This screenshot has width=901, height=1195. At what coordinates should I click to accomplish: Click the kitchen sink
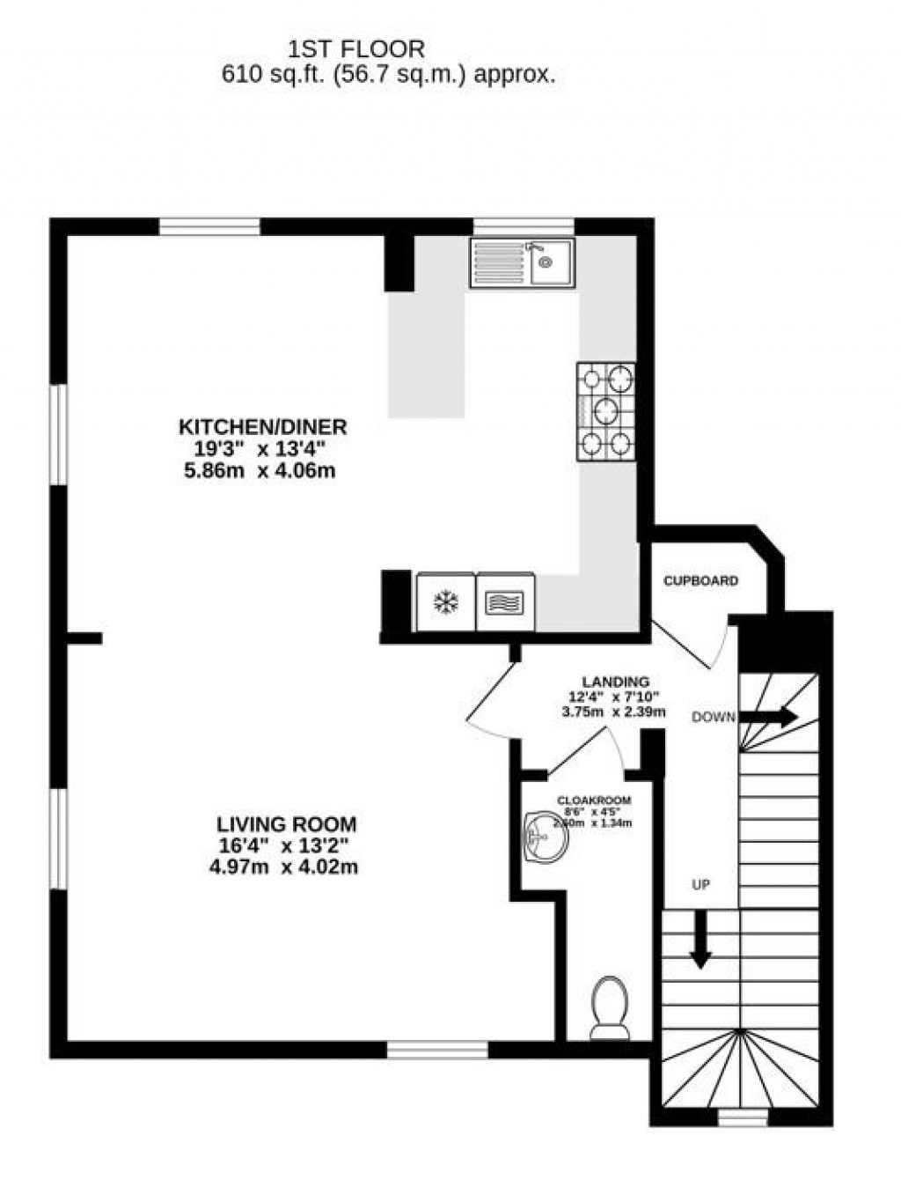[523, 262]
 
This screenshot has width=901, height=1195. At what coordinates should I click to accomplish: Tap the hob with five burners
[606, 411]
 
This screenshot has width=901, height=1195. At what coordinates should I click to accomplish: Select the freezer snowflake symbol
[447, 603]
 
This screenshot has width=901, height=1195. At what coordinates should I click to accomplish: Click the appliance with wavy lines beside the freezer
[505, 603]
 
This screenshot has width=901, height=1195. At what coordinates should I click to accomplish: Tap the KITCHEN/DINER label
[263, 427]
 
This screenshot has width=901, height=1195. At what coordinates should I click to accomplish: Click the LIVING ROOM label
[287, 824]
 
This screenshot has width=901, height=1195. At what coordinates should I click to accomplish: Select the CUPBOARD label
[700, 581]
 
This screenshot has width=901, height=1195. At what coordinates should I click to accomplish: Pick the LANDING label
[615, 682]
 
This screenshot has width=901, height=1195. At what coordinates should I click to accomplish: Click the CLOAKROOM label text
[594, 800]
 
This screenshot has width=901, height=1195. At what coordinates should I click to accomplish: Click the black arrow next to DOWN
[768, 717]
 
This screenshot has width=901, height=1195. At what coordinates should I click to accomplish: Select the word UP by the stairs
[700, 884]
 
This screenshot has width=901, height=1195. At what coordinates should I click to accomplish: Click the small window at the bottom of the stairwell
[743, 1118]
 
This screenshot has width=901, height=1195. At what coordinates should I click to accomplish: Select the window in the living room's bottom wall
[437, 1049]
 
